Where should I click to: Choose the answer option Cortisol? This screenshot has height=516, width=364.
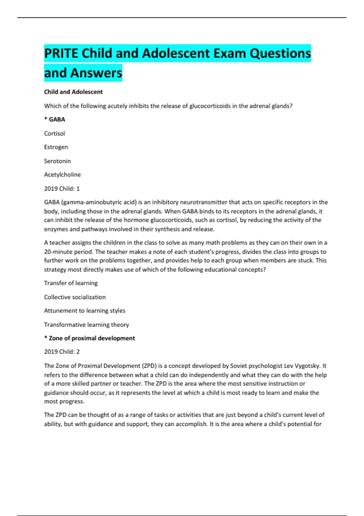(x=55, y=134)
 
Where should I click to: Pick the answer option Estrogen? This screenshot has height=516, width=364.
(x=56, y=147)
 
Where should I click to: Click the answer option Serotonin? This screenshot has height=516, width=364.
(x=57, y=161)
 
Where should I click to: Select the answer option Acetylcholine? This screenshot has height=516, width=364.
(x=62, y=175)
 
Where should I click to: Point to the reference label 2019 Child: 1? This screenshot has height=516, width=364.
(x=62, y=189)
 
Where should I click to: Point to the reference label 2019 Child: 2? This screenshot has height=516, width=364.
(x=62, y=352)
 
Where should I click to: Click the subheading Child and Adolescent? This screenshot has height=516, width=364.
(x=73, y=92)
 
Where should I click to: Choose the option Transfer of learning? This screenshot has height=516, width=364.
(x=71, y=283)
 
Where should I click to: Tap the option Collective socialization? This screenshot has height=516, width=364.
(x=75, y=297)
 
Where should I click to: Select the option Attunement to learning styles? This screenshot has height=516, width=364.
(x=85, y=311)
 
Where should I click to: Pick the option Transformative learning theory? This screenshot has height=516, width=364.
(x=86, y=325)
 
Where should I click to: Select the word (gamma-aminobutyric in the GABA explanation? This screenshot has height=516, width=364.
(x=88, y=202)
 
